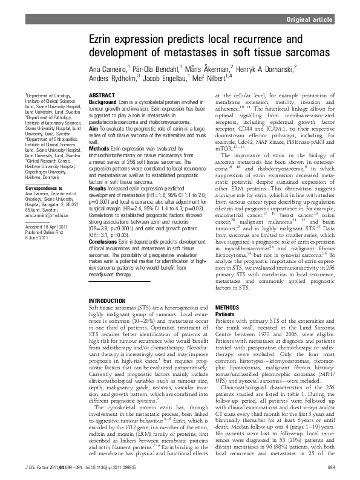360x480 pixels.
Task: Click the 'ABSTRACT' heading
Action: click(100, 96)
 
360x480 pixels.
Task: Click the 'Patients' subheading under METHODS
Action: click(225, 313)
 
